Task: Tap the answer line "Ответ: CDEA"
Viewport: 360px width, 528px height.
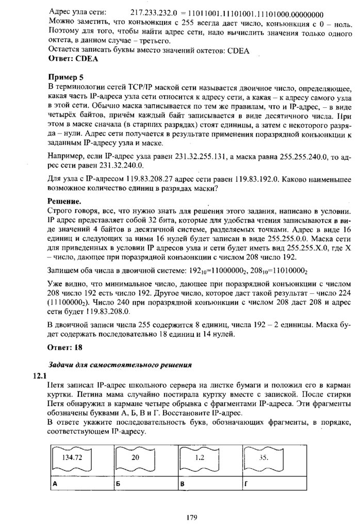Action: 73,59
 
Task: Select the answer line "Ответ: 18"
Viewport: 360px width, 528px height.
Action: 64,348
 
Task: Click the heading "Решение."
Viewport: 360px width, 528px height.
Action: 64,200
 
